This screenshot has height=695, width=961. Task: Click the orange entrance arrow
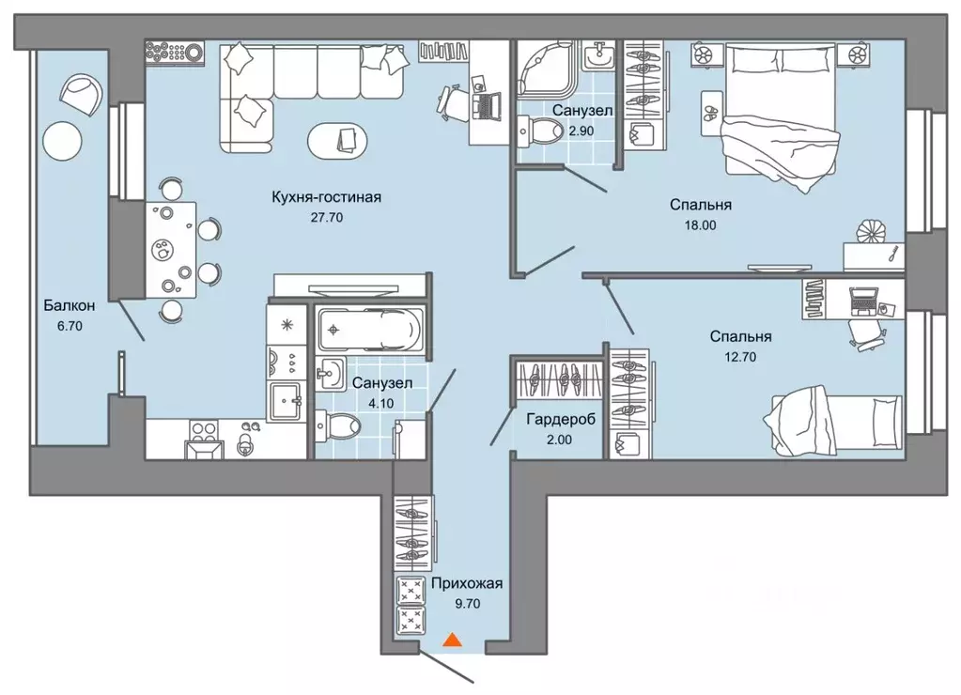(x=452, y=640)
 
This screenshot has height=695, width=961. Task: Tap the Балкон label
(x=70, y=305)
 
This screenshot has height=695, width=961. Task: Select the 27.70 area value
(x=327, y=218)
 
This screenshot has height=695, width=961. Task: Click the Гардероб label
(x=561, y=419)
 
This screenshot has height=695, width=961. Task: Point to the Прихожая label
(x=467, y=583)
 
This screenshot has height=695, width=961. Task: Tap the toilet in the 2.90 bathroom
(x=540, y=131)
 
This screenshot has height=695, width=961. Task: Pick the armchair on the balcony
(x=82, y=94)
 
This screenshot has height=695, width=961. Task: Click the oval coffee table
(x=337, y=140)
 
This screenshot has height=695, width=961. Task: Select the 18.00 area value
(x=700, y=224)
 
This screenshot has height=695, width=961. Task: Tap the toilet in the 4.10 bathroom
(x=336, y=426)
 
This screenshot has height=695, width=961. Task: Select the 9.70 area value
(x=467, y=604)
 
